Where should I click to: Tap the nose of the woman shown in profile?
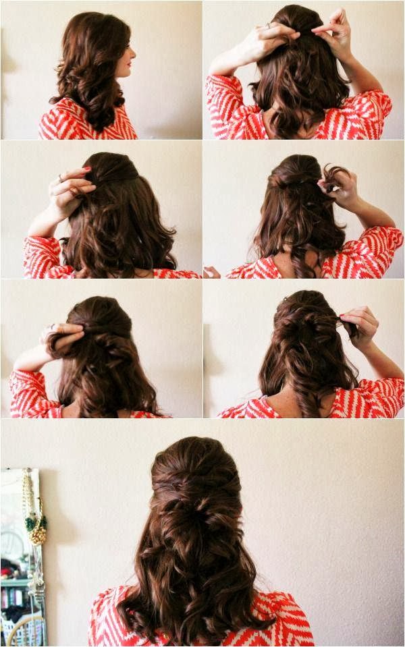coord(133,52)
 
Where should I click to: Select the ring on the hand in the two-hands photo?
coord(269,26)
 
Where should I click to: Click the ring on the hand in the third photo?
coord(60,178)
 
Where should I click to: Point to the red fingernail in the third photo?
coord(87,169)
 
